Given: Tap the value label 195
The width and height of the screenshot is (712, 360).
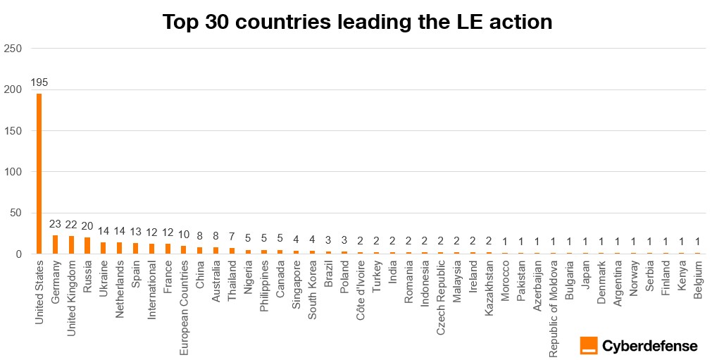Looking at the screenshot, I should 39,82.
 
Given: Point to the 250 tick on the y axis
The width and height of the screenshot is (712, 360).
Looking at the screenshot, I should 13,49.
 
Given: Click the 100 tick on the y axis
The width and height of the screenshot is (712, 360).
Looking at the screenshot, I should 13,172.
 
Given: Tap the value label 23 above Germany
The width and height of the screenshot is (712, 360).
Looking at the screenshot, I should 55,224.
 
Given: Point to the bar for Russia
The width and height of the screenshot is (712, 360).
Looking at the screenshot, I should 87,246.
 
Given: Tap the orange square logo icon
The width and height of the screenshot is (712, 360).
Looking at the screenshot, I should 589,345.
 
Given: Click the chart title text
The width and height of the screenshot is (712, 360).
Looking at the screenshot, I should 357,22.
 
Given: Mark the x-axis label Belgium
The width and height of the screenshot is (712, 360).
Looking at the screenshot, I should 698,279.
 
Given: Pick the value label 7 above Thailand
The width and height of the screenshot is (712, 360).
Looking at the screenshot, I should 232,237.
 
